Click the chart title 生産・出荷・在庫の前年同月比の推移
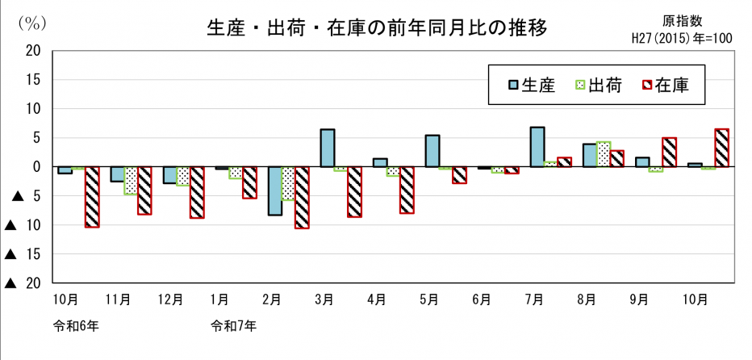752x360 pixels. pos(378,29)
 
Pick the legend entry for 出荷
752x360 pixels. pos(597,85)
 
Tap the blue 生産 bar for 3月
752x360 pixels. pos(327,148)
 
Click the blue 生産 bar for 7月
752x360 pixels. pos(537,147)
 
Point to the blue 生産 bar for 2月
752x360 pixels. pos(275,191)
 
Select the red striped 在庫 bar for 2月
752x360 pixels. pos(302,198)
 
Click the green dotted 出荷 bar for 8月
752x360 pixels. pos(602,154)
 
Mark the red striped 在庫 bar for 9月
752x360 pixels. pos(669,152)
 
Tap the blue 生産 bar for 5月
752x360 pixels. pos(432,151)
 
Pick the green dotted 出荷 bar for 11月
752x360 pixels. pos(131,181)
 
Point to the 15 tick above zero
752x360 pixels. pos(34,79)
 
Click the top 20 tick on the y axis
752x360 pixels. pos(34,50)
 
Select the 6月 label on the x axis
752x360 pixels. pos(482,299)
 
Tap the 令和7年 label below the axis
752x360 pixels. pos(234,327)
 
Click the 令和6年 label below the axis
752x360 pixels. pos(77,327)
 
